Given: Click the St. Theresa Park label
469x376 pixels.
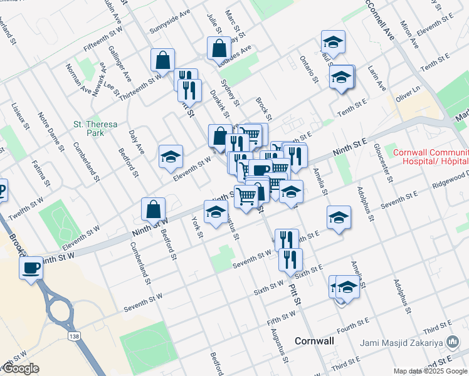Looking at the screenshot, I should point(95,128).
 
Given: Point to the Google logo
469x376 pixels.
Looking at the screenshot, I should point(20,368).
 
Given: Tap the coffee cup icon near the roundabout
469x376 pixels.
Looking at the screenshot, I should point(29,268).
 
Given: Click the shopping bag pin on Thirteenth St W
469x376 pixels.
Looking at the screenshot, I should point(162,61).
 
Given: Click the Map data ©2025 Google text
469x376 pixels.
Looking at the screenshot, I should point(430,371).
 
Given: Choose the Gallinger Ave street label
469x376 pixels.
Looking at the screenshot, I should point(120,63).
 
